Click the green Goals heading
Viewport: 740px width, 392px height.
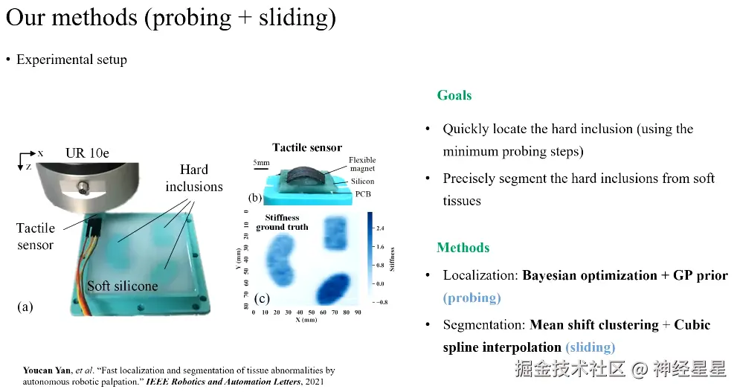454,95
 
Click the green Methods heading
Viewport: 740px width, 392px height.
463,248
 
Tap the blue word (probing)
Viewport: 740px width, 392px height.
472,298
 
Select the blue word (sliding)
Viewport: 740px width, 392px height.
591,347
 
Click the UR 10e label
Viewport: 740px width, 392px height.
87,153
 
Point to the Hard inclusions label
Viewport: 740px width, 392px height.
194,178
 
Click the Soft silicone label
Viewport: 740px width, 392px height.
123,286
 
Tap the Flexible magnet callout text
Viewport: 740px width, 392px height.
362,164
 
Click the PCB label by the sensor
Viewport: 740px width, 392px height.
363,194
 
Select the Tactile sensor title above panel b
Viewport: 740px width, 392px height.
307,147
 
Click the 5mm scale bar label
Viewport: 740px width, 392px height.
261,162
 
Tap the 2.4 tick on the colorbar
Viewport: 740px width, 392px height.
380,228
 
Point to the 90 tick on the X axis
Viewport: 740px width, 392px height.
358,312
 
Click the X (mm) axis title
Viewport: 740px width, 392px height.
306,320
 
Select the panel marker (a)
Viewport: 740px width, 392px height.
25,307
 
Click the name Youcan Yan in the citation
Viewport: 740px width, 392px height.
47,370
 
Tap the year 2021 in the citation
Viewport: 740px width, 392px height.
315,382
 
